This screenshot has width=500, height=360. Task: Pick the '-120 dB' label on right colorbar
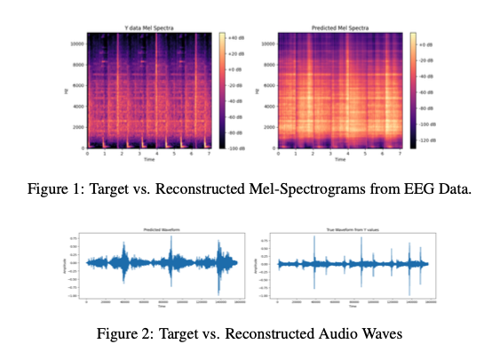tap(424, 140)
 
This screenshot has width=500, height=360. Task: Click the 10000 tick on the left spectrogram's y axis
tap(77, 43)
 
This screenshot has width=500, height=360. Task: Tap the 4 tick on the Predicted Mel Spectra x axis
tap(346, 153)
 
